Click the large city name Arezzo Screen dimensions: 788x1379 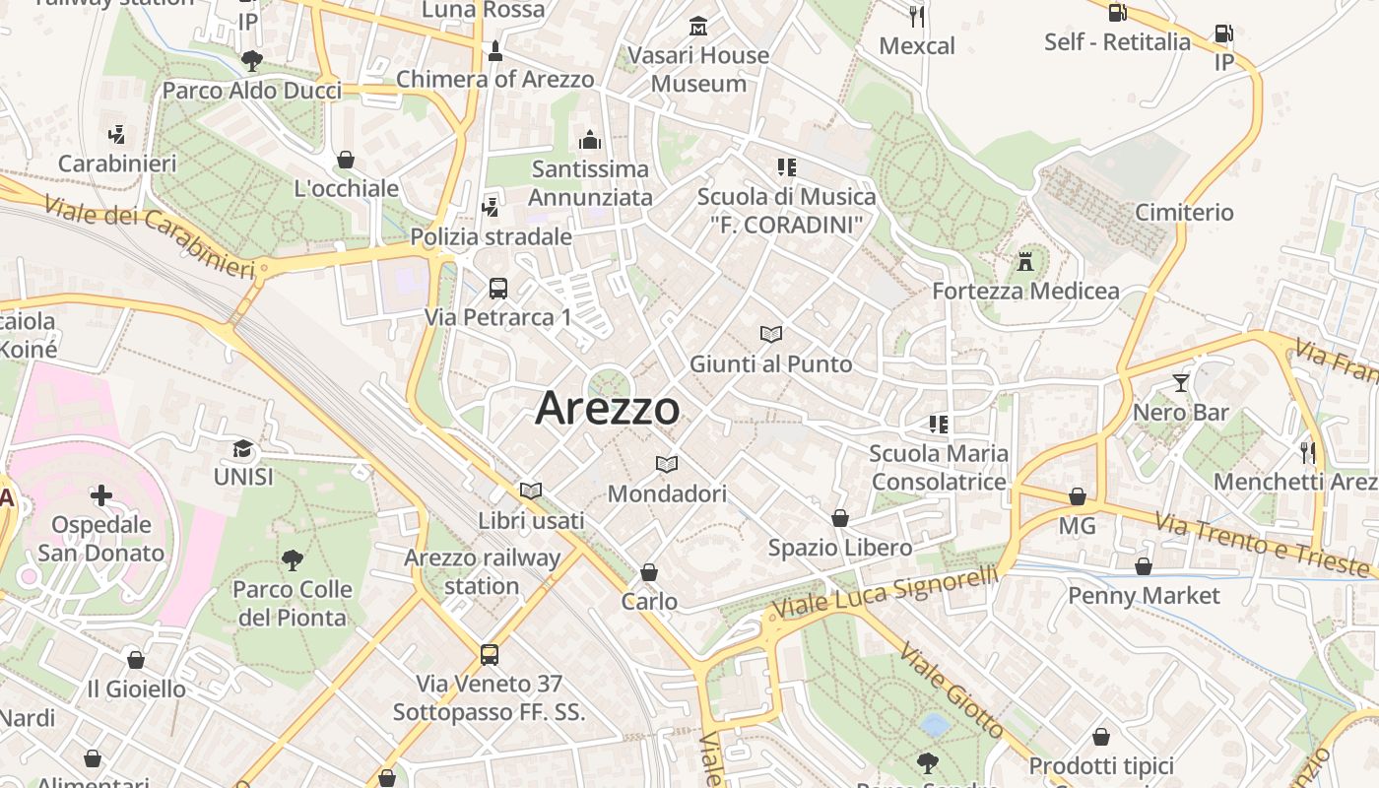607,408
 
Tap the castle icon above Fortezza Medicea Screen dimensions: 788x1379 1026,262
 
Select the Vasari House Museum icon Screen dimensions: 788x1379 698,27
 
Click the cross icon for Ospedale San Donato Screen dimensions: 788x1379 101,494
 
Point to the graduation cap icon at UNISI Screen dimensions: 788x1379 241,449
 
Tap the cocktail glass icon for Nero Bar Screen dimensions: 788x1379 1181,382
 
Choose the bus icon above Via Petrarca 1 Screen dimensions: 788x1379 498,289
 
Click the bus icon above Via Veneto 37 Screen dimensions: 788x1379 489,654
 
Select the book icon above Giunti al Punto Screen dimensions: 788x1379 770,335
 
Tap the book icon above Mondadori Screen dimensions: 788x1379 667,464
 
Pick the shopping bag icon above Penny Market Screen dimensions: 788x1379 1144,566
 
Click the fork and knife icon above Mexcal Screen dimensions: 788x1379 917,16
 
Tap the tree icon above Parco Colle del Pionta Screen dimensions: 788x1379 292,560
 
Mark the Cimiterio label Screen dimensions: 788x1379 1184,212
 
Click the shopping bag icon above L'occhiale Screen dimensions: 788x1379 346,160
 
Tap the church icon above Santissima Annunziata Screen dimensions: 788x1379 591,140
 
